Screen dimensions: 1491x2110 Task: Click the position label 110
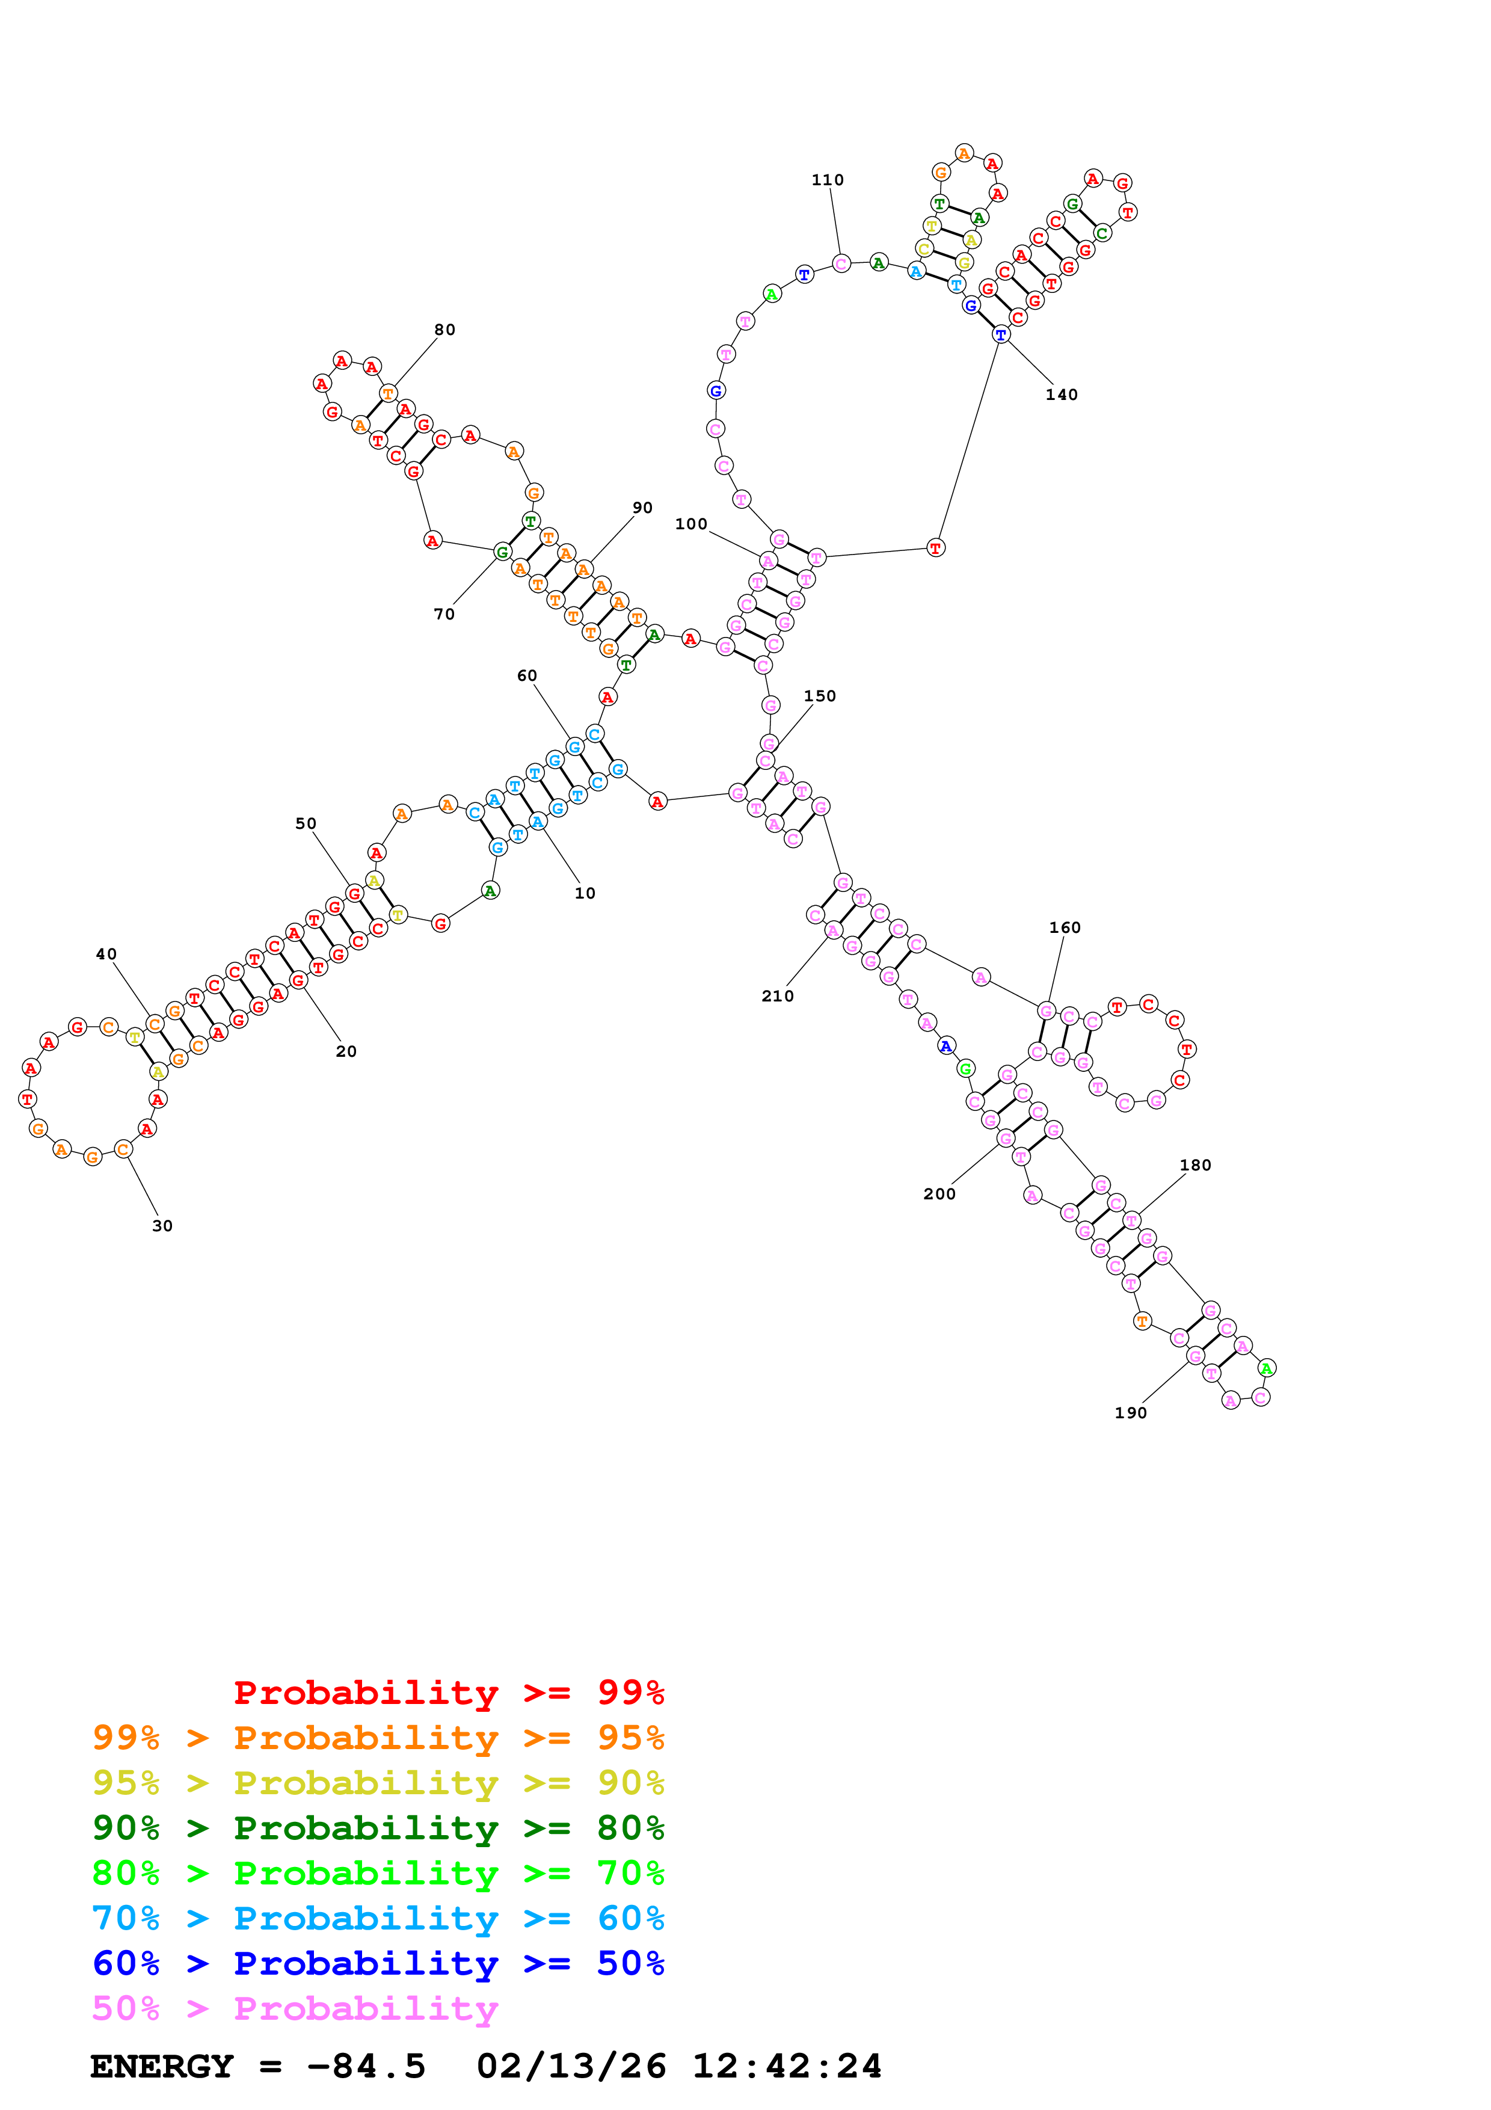point(827,180)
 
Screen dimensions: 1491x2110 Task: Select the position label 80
point(444,330)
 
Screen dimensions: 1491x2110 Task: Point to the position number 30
point(162,1226)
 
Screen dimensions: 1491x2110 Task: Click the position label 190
point(1130,1413)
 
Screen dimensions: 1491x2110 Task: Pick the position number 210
point(777,996)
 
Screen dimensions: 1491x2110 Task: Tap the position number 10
point(585,893)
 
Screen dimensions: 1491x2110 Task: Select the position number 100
point(691,524)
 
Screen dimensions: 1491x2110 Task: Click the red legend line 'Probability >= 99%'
point(449,1693)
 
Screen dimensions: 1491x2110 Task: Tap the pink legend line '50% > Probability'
point(295,2009)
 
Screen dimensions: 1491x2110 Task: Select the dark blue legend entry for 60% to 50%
point(378,1964)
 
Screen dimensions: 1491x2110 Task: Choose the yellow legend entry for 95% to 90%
point(378,1783)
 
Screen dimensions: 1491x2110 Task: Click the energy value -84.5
point(366,2067)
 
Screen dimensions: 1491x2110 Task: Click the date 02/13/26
point(571,2067)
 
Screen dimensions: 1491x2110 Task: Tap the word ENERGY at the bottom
point(162,2067)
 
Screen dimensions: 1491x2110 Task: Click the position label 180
point(1195,1165)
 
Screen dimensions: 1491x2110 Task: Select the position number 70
point(444,615)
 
